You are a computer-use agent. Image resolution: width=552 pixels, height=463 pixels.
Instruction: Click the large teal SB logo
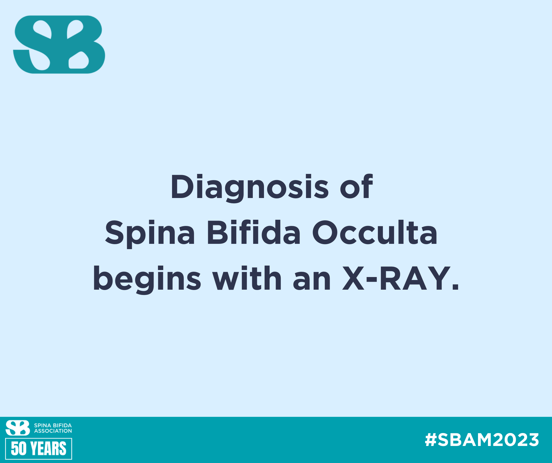pos(59,44)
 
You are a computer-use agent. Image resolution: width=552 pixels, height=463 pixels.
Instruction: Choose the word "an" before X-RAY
pos(312,281)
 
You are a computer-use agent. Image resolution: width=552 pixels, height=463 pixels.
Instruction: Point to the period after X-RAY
pos(455,287)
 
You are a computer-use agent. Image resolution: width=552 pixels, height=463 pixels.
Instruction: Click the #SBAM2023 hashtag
pos(482,440)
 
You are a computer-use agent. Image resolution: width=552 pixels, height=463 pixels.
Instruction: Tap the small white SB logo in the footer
pos(18,427)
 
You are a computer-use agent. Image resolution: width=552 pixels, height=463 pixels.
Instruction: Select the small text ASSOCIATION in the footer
pos(53,431)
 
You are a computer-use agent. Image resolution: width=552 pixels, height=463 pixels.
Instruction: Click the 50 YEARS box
pos(38,449)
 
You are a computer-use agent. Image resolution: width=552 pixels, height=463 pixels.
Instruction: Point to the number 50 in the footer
pos(18,449)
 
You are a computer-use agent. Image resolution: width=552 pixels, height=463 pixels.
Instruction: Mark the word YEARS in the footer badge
pos(48,449)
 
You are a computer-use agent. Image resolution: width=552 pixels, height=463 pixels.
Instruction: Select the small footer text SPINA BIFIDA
pos(53,425)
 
